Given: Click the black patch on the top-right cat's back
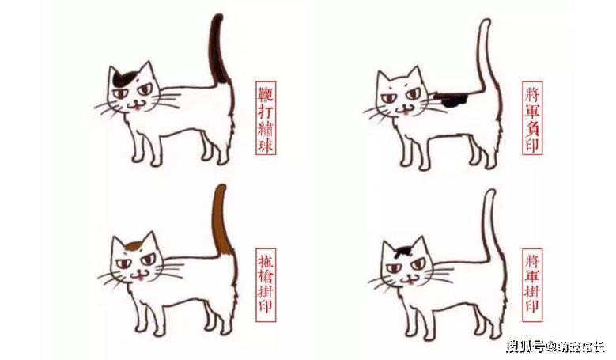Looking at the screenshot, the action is pyautogui.click(x=452, y=100).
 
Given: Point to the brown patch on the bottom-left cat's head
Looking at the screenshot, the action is pyautogui.click(x=134, y=246).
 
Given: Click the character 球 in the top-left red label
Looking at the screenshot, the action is pyautogui.click(x=266, y=145).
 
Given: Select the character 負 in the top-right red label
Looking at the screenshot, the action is pyautogui.click(x=532, y=127).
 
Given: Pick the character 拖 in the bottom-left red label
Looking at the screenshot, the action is pyautogui.click(x=266, y=260).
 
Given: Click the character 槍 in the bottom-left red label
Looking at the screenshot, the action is pyautogui.click(x=266, y=276).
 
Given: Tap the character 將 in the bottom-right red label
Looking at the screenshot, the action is pyautogui.click(x=532, y=260).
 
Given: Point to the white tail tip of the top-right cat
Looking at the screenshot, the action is pyautogui.click(x=486, y=23).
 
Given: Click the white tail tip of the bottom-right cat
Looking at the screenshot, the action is pyautogui.click(x=490, y=194).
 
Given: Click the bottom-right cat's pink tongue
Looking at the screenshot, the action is pyautogui.click(x=410, y=281).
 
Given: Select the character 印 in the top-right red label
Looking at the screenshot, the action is pyautogui.click(x=532, y=145).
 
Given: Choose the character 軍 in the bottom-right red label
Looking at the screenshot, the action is pyautogui.click(x=532, y=277).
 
